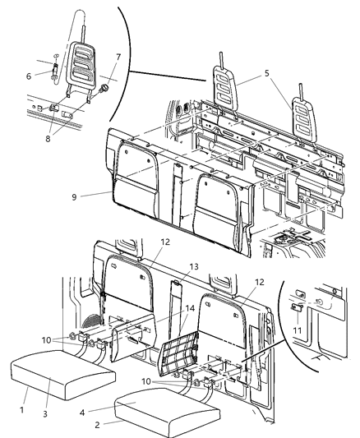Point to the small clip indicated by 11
tap(297, 309)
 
